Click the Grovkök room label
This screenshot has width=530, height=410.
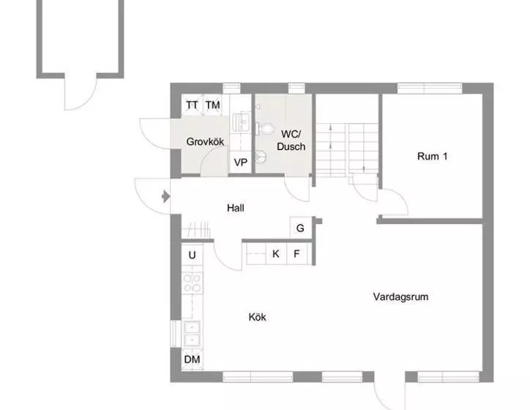click(x=204, y=141)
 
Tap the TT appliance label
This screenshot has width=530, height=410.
click(x=192, y=105)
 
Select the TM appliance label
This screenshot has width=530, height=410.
click(x=212, y=105)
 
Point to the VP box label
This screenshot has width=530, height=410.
click(x=239, y=163)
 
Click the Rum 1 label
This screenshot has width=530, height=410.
click(x=432, y=156)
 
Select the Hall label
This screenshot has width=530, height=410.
click(x=235, y=208)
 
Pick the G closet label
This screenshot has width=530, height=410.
click(x=300, y=228)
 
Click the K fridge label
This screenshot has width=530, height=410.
click(x=276, y=255)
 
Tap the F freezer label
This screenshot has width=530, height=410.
click(x=296, y=255)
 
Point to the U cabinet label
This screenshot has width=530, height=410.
click(x=192, y=255)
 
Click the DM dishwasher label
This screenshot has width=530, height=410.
click(x=192, y=359)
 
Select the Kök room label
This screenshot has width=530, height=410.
click(x=257, y=317)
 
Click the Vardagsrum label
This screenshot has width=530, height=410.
click(x=400, y=297)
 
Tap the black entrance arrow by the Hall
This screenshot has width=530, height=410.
click(x=165, y=196)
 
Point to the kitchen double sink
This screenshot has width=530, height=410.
click(x=192, y=333)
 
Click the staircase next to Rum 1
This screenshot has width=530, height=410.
click(x=348, y=146)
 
